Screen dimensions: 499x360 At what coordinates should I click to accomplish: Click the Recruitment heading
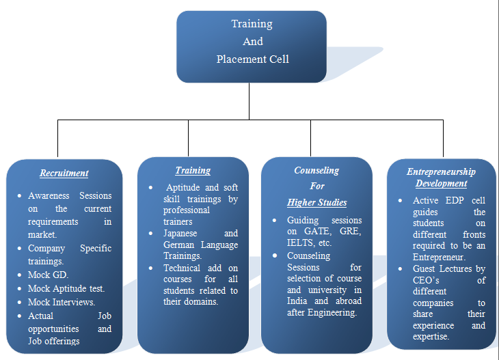point(64,173)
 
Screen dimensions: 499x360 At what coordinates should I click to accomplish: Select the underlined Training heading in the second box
point(193,171)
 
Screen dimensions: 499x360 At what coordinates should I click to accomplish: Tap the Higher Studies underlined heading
point(317,203)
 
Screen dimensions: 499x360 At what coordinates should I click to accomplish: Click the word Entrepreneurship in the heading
point(441,171)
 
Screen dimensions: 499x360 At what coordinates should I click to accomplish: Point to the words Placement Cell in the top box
point(253,59)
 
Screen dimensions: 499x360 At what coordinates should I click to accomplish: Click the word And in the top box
point(253,42)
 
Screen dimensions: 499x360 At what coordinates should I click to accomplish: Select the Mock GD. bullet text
point(48,275)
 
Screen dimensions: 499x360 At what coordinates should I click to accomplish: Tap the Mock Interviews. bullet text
point(62,302)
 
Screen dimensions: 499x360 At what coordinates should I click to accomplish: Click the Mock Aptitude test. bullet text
point(66,288)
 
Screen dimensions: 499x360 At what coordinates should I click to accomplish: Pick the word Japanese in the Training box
point(180,234)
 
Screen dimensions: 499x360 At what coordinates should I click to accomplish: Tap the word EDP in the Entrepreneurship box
point(455,200)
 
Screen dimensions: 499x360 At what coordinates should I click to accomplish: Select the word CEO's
point(426,280)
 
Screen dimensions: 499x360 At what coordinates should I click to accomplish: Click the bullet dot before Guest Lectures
point(400,269)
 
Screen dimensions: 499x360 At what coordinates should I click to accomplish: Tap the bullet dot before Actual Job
point(19,316)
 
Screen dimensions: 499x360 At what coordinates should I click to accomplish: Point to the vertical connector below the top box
point(249,101)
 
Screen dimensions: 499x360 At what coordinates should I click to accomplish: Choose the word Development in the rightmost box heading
point(441,184)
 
